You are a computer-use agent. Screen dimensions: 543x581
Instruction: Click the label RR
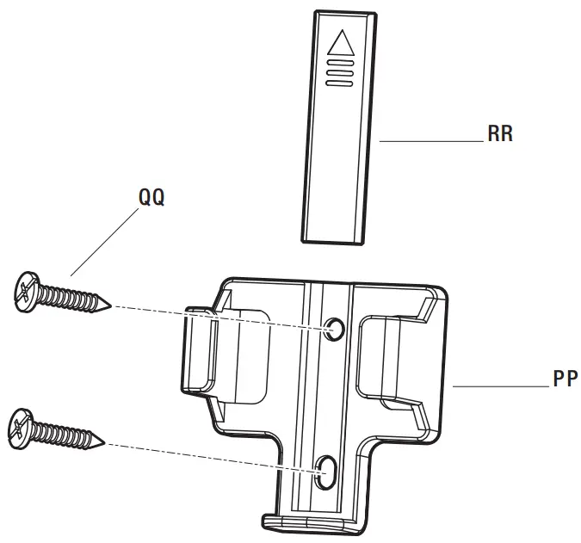[500, 135]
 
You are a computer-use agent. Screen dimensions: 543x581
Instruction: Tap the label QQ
[151, 198]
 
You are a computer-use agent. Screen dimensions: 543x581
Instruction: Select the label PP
[565, 379]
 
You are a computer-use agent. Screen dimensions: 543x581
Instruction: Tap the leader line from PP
[499, 387]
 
